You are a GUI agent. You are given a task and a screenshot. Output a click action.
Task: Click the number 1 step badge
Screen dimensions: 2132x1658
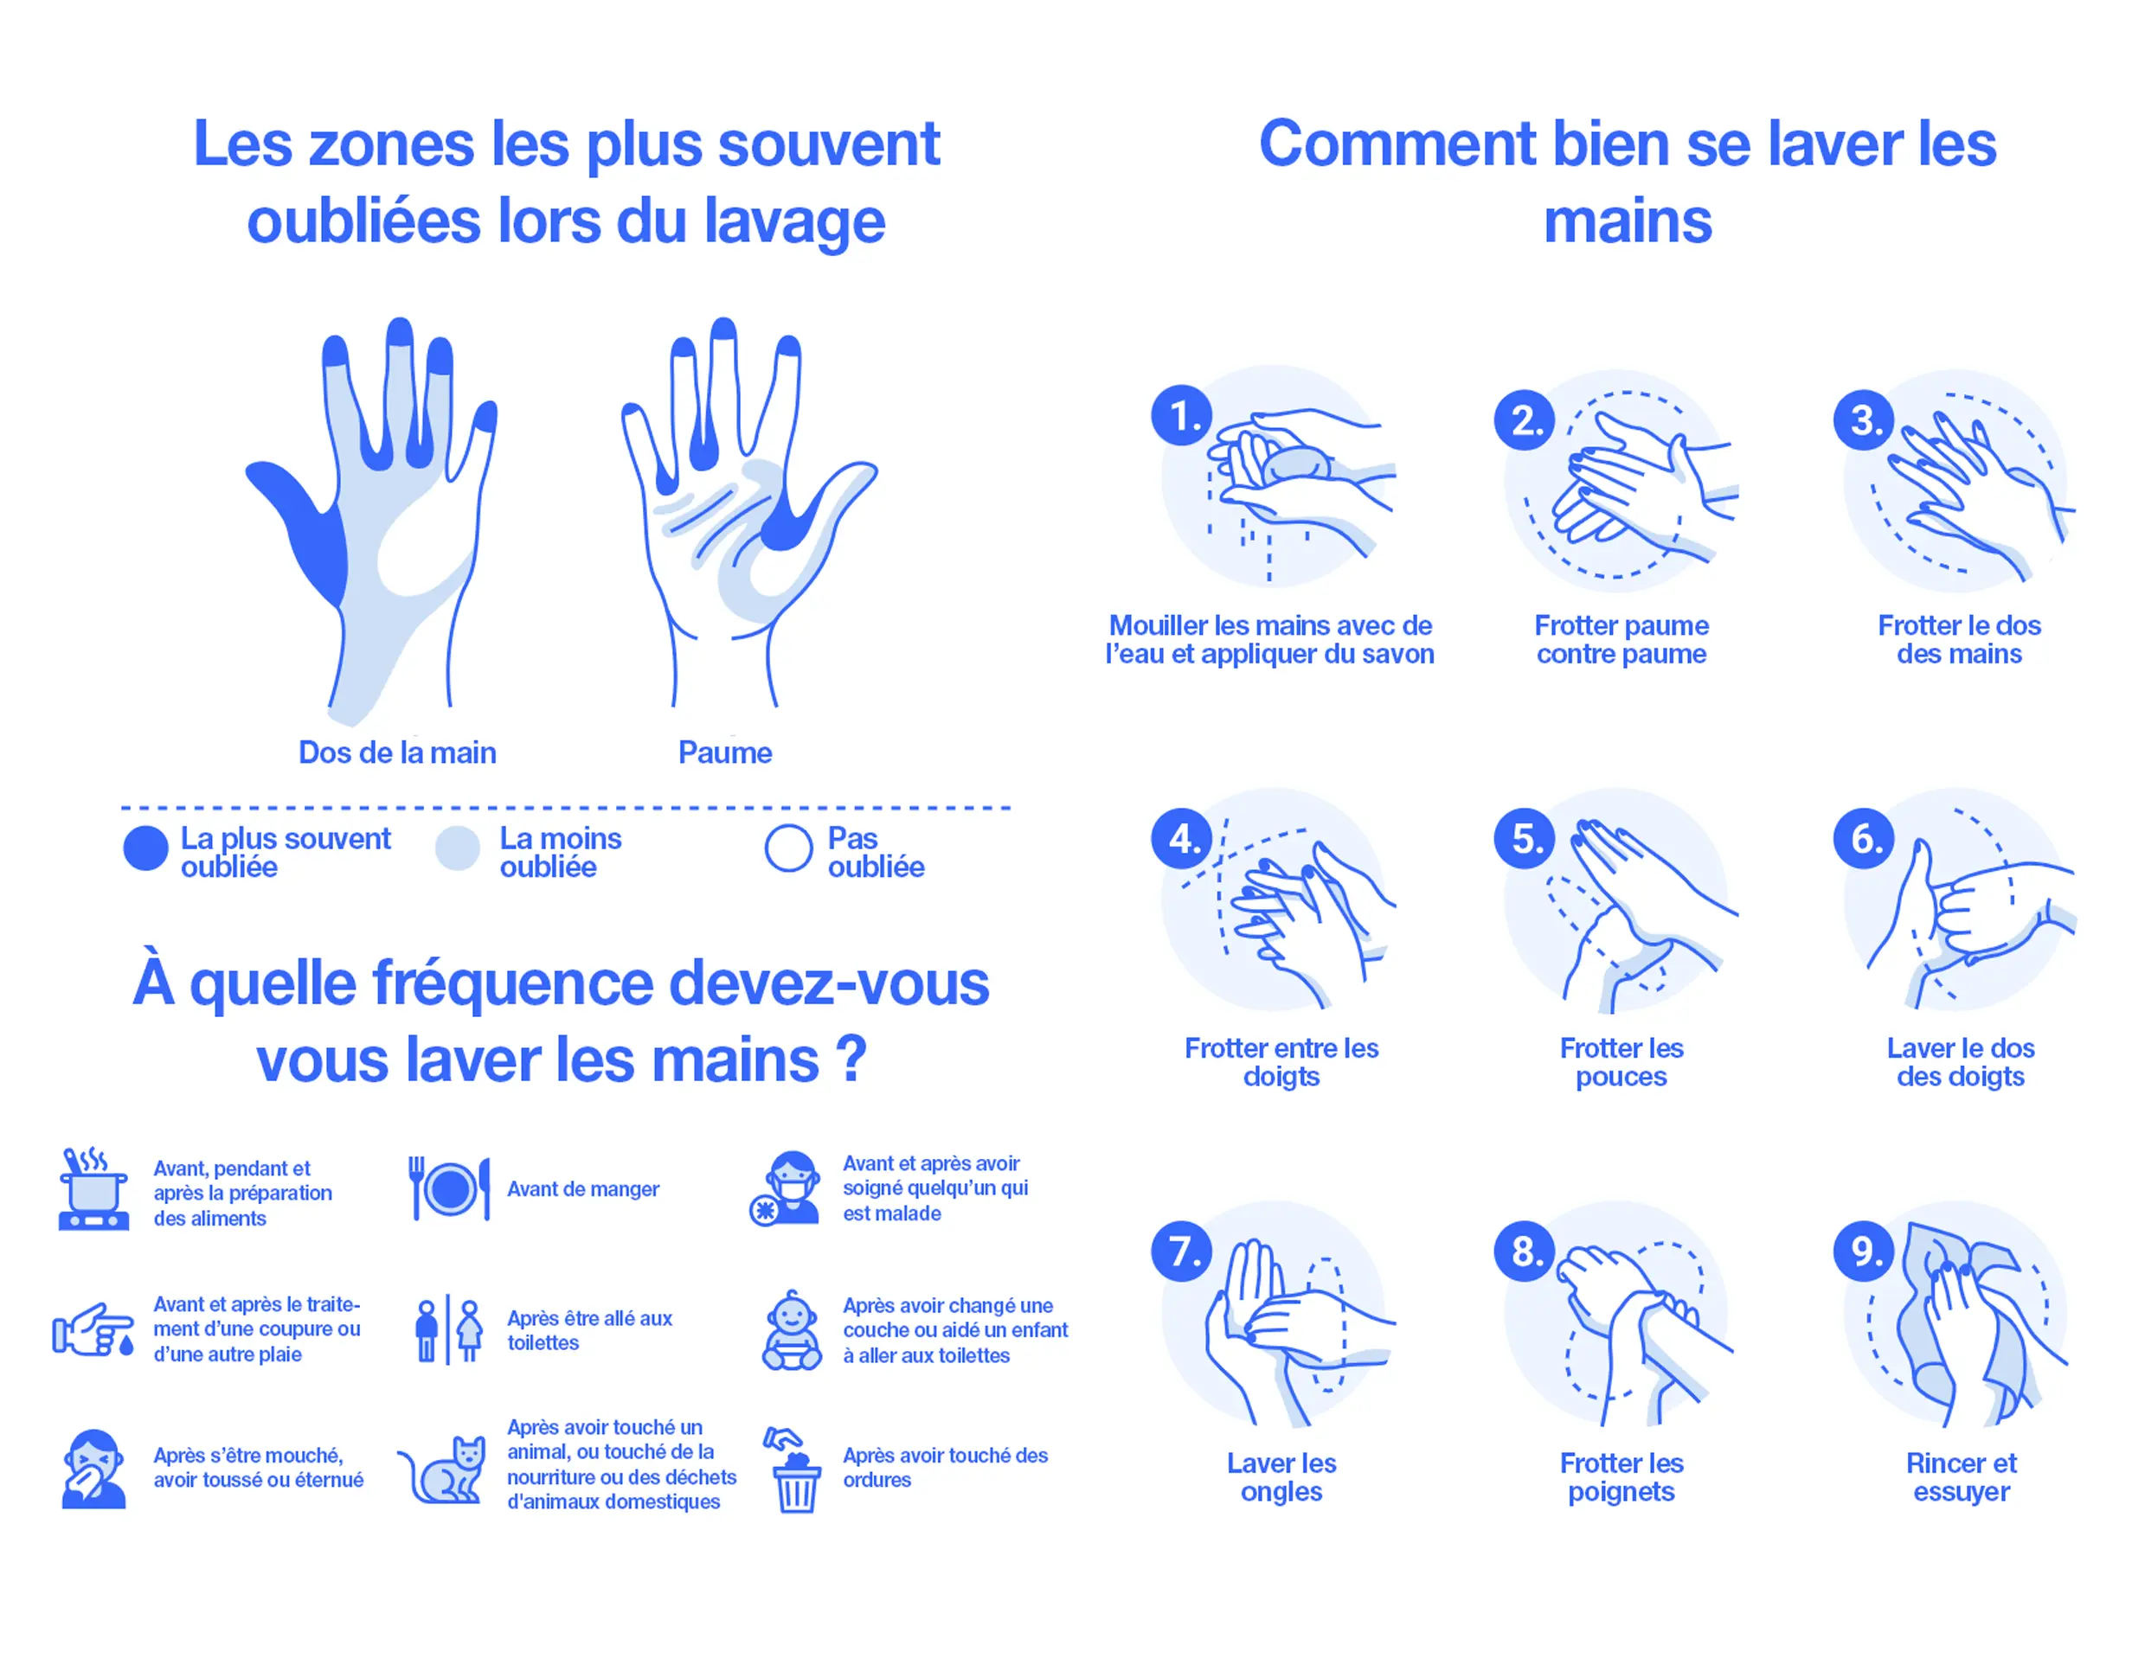point(1181,416)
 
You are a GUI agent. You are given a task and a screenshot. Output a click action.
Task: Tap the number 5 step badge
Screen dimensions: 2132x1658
point(1524,837)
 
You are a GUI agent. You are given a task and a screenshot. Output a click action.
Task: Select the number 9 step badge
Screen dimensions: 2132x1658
point(1864,1250)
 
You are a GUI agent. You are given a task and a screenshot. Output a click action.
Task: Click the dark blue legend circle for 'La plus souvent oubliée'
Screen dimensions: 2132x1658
point(145,848)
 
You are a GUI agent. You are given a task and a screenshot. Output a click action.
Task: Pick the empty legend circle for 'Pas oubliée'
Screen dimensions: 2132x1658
point(789,848)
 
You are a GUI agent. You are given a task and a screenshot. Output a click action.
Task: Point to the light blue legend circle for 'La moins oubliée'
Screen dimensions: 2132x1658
point(458,848)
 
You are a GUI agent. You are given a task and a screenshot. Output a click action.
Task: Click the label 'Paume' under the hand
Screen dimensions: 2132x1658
point(725,752)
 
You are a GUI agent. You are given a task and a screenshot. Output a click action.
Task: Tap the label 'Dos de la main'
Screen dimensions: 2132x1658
point(397,752)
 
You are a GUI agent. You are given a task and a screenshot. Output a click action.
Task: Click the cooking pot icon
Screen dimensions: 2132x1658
point(93,1188)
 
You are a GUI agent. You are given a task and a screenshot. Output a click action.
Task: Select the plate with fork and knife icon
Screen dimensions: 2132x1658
point(449,1188)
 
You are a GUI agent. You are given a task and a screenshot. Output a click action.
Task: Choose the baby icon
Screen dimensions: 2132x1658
point(792,1330)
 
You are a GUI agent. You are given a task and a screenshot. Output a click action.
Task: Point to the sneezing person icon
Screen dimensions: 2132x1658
point(93,1469)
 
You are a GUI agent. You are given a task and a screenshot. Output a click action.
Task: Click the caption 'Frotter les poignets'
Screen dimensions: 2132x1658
point(1621,1477)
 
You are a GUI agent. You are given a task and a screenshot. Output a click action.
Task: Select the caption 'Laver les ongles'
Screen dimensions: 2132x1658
point(1281,1477)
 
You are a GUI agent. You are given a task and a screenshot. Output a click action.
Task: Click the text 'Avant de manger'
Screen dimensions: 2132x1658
point(583,1188)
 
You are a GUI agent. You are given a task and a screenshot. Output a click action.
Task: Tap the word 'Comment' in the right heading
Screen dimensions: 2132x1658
point(1398,144)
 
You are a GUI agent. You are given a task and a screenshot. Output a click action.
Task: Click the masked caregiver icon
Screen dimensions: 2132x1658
point(787,1187)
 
